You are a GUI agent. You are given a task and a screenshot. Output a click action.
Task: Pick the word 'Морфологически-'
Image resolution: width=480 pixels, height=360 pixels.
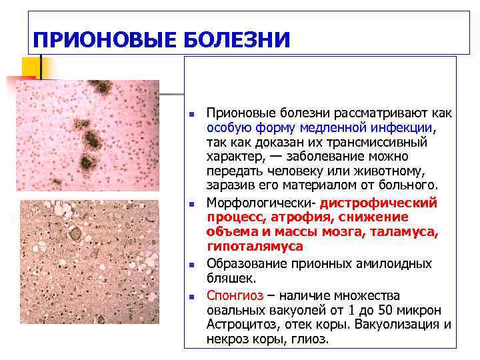point(261,202)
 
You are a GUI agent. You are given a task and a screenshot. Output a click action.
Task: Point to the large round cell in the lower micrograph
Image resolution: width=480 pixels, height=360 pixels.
point(75,234)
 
